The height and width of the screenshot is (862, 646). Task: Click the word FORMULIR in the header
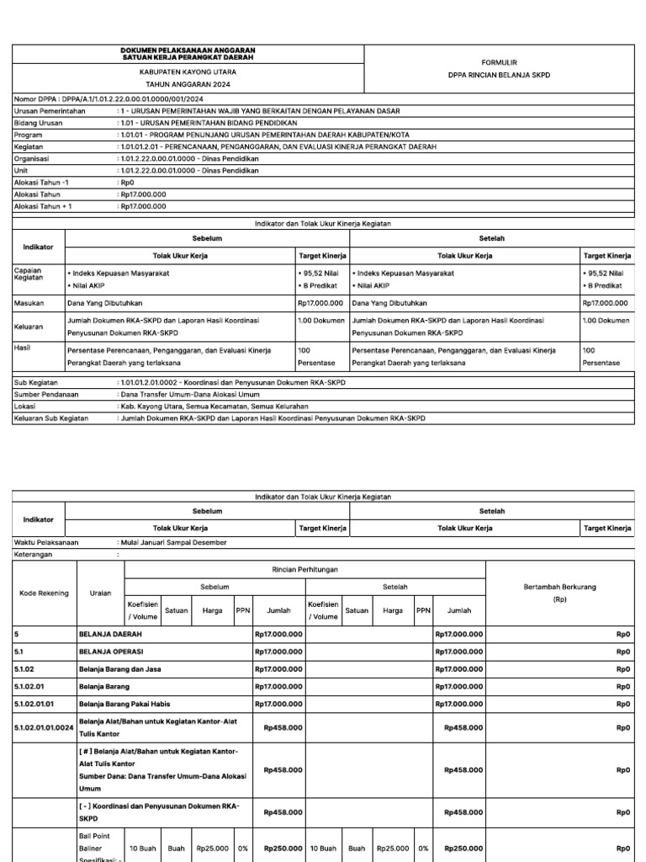pyautogui.click(x=499, y=62)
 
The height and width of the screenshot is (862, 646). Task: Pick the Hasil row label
pyautogui.click(x=23, y=347)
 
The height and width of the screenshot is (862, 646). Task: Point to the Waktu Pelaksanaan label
pyautogui.click(x=46, y=543)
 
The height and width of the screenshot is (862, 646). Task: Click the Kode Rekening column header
pyautogui.click(x=45, y=593)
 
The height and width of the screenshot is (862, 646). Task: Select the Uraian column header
pyautogui.click(x=100, y=593)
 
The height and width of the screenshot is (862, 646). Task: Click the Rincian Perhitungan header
pyautogui.click(x=304, y=570)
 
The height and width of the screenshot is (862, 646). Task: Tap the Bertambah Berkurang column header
pyautogui.click(x=560, y=588)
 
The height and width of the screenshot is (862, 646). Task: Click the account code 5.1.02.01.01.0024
pyautogui.click(x=44, y=727)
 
